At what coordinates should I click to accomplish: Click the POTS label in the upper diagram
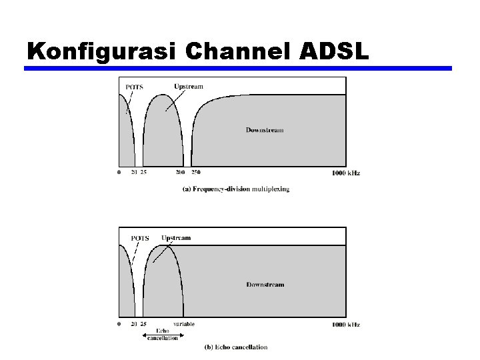click(x=134, y=87)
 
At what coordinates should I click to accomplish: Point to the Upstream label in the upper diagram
click(x=189, y=86)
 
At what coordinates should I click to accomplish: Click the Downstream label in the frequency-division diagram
click(x=265, y=129)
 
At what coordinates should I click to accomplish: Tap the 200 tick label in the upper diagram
click(x=180, y=173)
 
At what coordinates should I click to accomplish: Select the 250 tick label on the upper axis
click(x=196, y=173)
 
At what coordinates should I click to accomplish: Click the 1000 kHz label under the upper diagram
click(x=345, y=173)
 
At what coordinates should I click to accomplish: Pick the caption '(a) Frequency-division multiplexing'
click(x=236, y=189)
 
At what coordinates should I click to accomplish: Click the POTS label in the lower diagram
click(x=140, y=238)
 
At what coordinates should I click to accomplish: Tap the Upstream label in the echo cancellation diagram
click(x=176, y=238)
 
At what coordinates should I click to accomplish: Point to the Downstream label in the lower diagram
click(x=265, y=285)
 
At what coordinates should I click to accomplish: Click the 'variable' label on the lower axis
click(x=184, y=324)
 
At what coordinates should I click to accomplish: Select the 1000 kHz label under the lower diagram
click(x=345, y=325)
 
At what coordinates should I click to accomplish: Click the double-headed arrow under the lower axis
click(x=163, y=335)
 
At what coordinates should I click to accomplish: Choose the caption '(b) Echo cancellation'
click(x=235, y=347)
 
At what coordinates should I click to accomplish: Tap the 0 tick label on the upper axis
click(x=119, y=173)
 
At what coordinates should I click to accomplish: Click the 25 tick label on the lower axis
click(x=143, y=325)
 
